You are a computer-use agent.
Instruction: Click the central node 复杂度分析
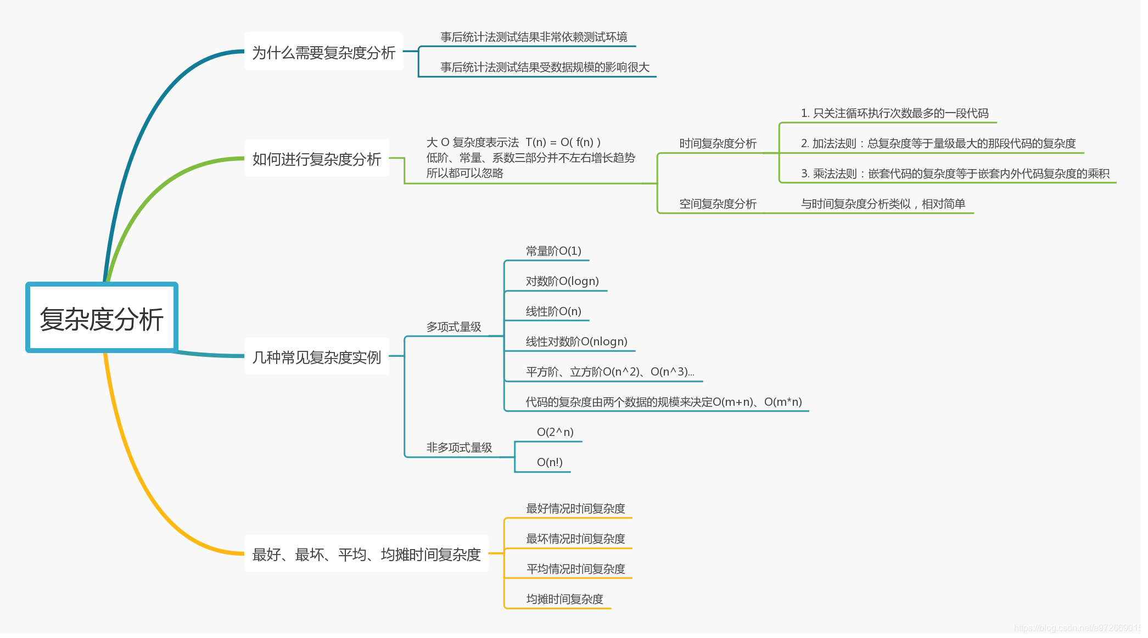tap(102, 318)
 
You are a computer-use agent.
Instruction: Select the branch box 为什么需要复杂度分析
tap(323, 52)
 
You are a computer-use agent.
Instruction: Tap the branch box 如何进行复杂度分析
tap(316, 159)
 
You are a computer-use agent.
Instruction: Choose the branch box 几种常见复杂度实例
tap(316, 357)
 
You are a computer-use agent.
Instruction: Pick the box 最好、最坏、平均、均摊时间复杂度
tap(366, 554)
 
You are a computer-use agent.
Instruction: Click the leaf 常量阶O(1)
tap(553, 251)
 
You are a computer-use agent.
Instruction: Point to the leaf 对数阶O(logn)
tap(562, 281)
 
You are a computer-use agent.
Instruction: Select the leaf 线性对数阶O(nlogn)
tap(576, 342)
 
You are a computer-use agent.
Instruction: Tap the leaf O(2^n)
tap(555, 432)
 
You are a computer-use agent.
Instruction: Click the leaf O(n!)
tap(550, 462)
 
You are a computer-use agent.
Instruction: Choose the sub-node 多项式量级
tap(453, 327)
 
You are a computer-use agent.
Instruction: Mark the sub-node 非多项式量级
tap(459, 447)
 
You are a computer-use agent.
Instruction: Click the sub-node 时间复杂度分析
tap(718, 143)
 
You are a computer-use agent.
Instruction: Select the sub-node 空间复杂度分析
tap(718, 204)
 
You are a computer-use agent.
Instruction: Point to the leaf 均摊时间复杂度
tap(564, 599)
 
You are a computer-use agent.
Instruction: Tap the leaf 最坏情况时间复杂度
tap(575, 539)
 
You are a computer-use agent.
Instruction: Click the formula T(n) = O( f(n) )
tap(563, 142)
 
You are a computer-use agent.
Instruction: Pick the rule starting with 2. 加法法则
tap(938, 143)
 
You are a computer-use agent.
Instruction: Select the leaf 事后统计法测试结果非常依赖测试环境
tap(534, 37)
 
